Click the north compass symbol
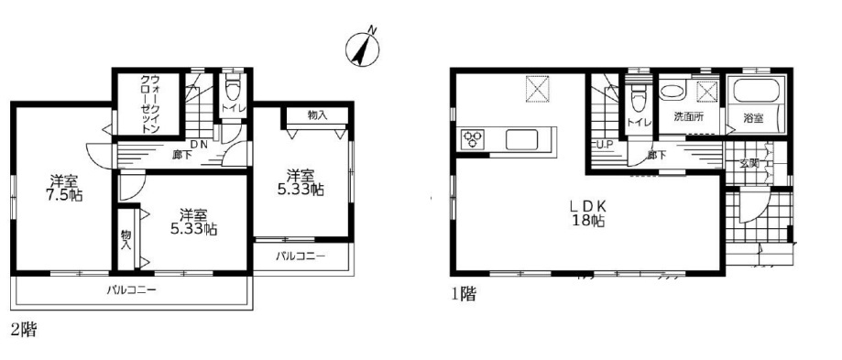[x=363, y=48]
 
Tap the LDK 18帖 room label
[x=587, y=212]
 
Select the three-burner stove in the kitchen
[x=473, y=139]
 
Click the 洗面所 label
[x=689, y=117]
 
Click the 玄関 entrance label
[x=749, y=164]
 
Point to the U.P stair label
[x=605, y=145]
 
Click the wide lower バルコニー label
[x=131, y=290]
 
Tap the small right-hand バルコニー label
[x=301, y=256]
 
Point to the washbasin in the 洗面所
[x=672, y=90]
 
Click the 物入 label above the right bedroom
[x=317, y=115]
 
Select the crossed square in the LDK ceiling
[x=537, y=89]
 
